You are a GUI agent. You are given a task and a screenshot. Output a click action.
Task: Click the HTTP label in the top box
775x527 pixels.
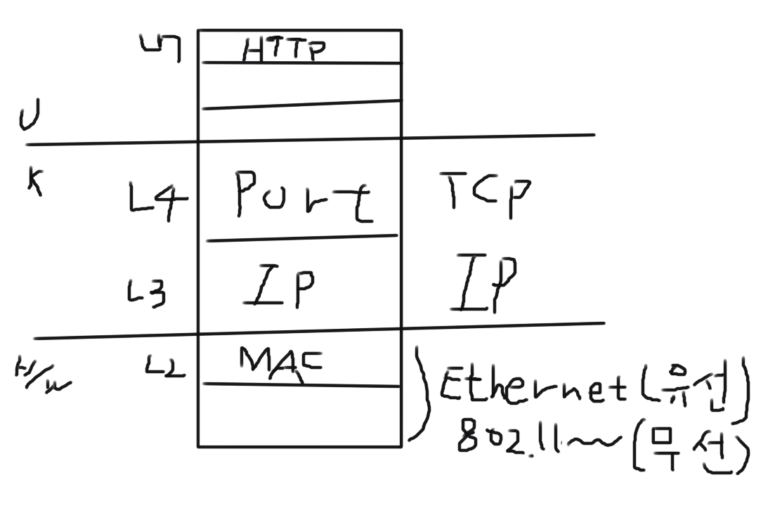click(x=285, y=50)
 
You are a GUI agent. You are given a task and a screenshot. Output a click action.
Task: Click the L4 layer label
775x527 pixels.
click(x=158, y=202)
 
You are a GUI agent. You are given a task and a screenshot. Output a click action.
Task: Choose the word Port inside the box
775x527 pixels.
click(x=304, y=196)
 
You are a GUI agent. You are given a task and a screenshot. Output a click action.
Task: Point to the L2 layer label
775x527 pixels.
click(x=166, y=365)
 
